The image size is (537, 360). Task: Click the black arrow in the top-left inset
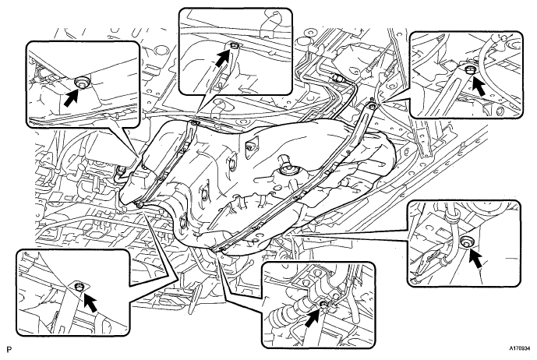(71, 97)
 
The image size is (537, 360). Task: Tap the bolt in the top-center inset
(235, 45)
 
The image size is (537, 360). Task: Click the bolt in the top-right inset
(469, 70)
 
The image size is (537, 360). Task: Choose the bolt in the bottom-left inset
(79, 286)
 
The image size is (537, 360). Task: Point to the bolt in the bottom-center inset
(323, 304)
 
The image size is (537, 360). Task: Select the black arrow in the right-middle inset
(475, 258)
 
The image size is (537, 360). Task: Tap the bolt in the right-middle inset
(465, 241)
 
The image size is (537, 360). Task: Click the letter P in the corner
(9, 350)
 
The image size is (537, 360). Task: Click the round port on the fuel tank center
(285, 169)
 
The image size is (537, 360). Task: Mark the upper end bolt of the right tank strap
(373, 104)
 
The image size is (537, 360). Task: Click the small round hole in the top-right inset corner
(498, 111)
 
